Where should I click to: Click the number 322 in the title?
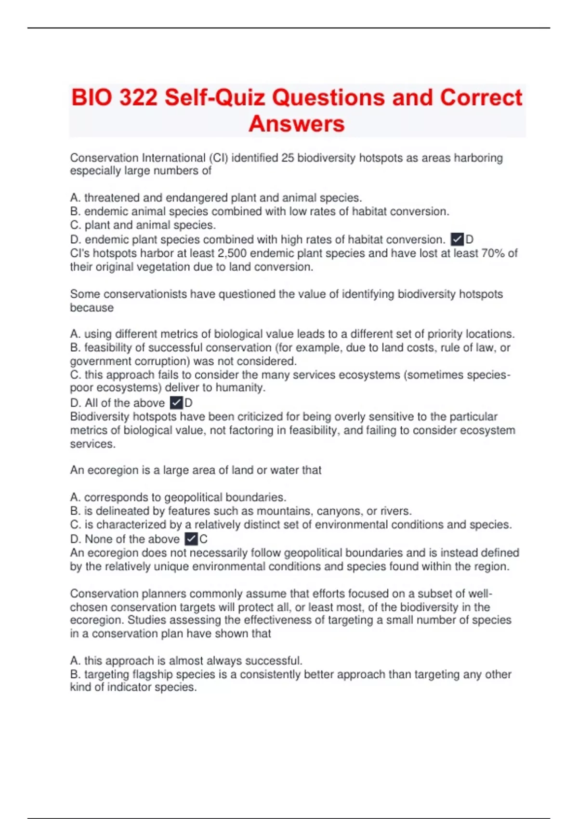coord(138,98)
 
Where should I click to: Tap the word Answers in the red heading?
coord(297,124)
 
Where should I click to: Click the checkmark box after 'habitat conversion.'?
coord(457,239)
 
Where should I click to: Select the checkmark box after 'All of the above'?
coord(177,403)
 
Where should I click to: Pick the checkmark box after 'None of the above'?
coord(191,539)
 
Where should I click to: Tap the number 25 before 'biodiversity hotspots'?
coord(288,158)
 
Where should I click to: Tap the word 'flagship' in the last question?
coord(152,674)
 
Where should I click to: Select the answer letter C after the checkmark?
coord(204,539)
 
